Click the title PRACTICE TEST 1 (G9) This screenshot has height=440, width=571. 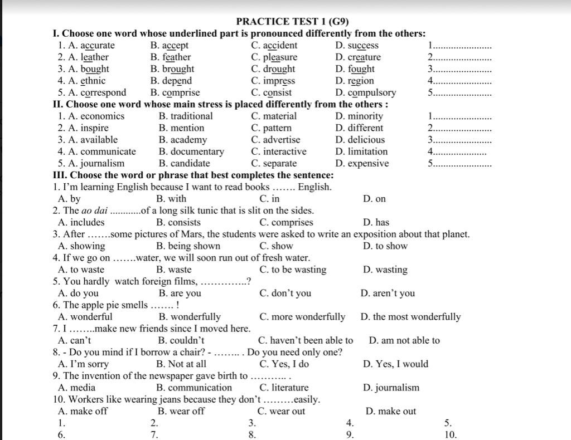292,22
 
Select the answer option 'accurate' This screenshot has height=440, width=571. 98,46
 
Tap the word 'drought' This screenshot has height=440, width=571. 279,69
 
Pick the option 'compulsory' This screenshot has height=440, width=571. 372,92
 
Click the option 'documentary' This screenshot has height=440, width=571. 197,151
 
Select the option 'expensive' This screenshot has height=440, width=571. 369,164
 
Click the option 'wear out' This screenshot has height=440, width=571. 288,412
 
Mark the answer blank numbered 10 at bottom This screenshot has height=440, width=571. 451,435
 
